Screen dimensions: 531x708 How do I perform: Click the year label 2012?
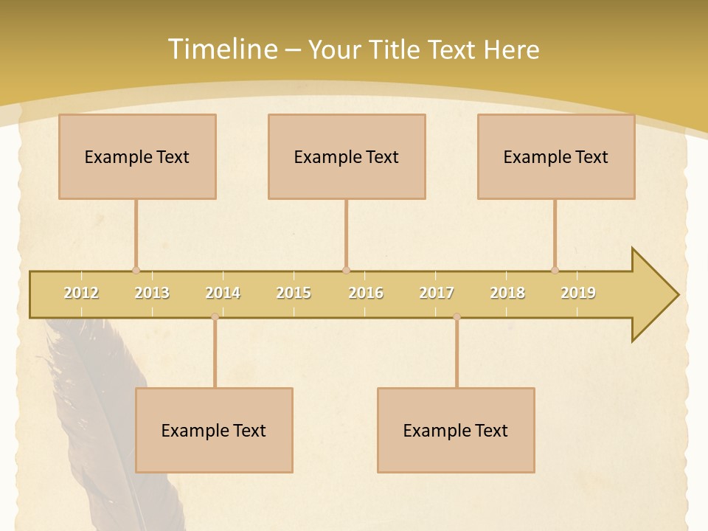click(81, 293)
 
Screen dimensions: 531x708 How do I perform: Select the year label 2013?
click(152, 293)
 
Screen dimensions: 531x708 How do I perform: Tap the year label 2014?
click(223, 293)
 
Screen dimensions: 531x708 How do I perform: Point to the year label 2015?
click(294, 293)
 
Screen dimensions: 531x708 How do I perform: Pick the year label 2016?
click(366, 293)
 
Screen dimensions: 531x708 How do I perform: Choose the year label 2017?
click(437, 293)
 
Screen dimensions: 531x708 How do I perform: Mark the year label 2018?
click(507, 293)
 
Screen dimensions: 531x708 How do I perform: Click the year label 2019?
click(578, 293)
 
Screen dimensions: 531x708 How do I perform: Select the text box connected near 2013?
click(137, 156)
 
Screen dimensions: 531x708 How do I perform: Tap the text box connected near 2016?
click(347, 156)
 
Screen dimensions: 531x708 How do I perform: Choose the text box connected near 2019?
click(556, 156)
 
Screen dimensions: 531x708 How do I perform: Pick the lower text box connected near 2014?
click(214, 430)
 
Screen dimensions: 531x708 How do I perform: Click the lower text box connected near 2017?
click(456, 430)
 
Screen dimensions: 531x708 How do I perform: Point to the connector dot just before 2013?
click(136, 270)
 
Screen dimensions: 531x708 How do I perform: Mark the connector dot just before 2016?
click(346, 270)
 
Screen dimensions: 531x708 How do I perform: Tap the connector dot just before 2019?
click(555, 270)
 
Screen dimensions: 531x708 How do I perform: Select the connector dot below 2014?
click(215, 316)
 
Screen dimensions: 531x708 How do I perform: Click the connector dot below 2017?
click(457, 316)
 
